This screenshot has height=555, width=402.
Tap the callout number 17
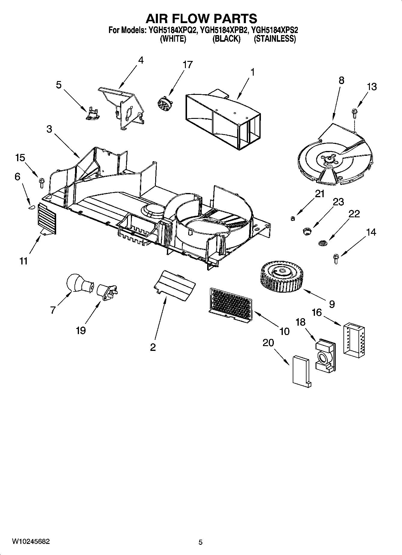tap(188, 65)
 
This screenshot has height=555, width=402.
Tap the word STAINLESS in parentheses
tap(275, 39)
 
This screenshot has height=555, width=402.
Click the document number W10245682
tap(31, 541)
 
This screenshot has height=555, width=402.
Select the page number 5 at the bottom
tap(201, 542)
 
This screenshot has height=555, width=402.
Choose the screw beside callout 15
tap(41, 182)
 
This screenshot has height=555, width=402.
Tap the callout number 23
tap(338, 202)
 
